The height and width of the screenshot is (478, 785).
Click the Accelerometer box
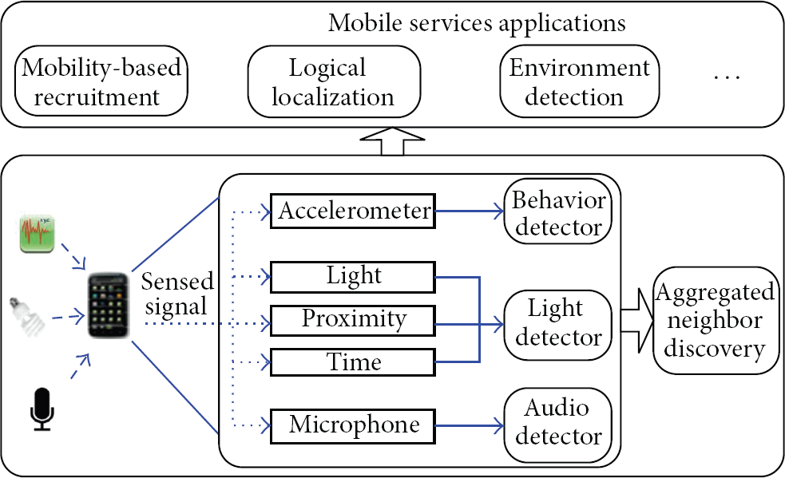[x=352, y=211]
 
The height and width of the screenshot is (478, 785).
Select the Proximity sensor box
[x=352, y=320]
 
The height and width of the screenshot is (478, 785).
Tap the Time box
[x=352, y=361]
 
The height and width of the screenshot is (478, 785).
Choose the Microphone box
[x=352, y=425]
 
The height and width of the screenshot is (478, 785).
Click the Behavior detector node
[x=557, y=211]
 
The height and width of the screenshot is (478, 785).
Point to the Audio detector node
[x=557, y=425]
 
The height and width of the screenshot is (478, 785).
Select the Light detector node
[x=557, y=324]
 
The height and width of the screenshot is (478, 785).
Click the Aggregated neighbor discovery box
[x=716, y=320]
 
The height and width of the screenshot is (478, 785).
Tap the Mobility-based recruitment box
[x=101, y=81]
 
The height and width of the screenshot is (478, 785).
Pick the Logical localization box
[x=334, y=81]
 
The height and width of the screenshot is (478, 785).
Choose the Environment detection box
[x=579, y=81]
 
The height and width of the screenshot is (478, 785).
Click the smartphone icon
[x=108, y=306]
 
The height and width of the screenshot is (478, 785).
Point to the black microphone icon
[x=42, y=409]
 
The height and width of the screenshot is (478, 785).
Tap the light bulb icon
[x=27, y=316]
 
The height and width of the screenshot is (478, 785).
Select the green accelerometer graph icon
[x=37, y=234]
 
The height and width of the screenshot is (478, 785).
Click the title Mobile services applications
[x=477, y=23]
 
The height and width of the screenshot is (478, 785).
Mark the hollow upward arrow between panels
[x=393, y=141]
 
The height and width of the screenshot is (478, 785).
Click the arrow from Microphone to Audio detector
[x=469, y=426]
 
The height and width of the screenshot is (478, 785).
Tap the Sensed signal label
[x=177, y=294]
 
